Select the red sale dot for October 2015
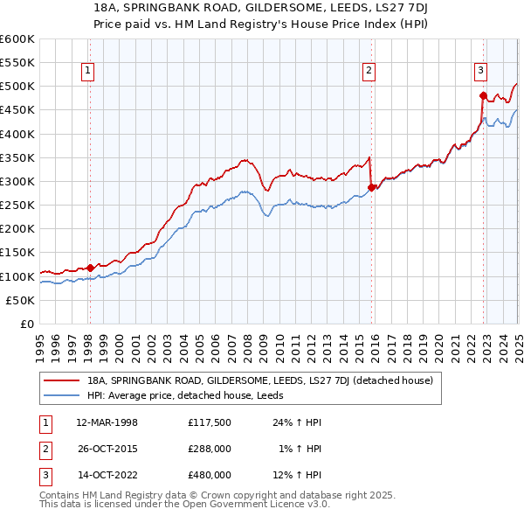[x=371, y=187]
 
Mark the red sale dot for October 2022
[x=483, y=96]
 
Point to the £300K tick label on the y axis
[x=17, y=181]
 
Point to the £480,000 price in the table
[x=210, y=475]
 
